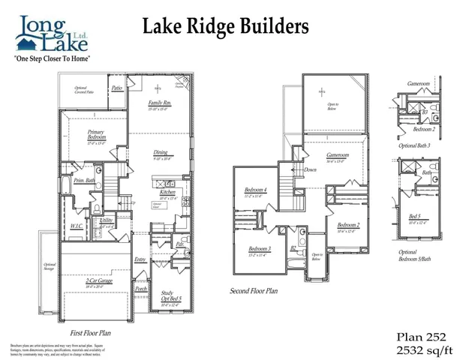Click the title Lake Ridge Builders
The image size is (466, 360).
click(x=225, y=27)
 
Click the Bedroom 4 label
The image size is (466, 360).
click(x=256, y=190)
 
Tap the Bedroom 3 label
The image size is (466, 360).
click(x=259, y=249)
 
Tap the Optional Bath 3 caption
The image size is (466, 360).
click(x=417, y=145)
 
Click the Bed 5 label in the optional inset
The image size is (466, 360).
click(x=414, y=218)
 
